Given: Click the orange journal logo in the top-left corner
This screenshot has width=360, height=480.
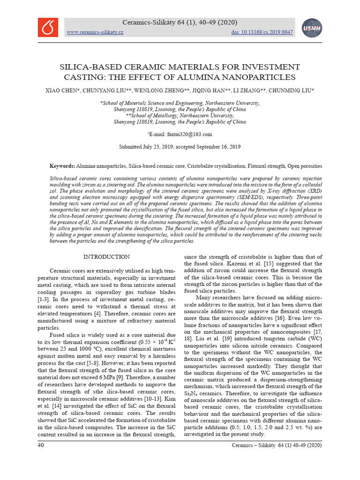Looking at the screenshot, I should tap(48, 27).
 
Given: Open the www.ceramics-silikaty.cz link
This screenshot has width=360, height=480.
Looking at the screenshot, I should tap(95, 32).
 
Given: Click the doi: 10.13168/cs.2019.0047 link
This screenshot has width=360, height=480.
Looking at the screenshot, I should tap(262, 32).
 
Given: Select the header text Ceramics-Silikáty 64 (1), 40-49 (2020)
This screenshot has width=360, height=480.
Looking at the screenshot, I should tap(180, 22).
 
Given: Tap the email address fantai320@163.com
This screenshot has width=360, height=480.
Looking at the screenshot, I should tap(185, 134).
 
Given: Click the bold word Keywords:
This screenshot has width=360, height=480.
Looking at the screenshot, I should tap(62, 166).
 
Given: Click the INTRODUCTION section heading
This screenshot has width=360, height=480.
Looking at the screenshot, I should tap(106, 257).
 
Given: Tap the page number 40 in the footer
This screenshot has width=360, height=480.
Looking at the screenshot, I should tap(41, 445).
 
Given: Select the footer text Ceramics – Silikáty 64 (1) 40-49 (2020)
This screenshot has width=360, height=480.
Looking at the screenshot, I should tap(277, 445).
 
